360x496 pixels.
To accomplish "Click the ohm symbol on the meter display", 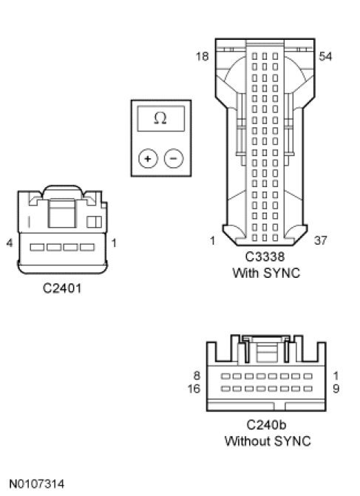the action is click(160, 118).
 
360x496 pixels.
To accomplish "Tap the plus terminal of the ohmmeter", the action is click(148, 158).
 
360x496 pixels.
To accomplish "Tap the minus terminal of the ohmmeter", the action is click(174, 158).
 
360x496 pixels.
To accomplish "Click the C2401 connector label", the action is click(62, 288).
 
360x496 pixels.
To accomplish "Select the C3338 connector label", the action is click(265, 257).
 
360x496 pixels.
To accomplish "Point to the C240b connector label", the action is click(266, 424).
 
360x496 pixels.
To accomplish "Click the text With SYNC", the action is click(266, 273).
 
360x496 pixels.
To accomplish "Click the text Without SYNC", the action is click(268, 441).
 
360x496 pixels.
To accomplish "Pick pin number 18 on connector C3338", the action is click(202, 56).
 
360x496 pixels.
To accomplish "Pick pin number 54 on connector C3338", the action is click(325, 56).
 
